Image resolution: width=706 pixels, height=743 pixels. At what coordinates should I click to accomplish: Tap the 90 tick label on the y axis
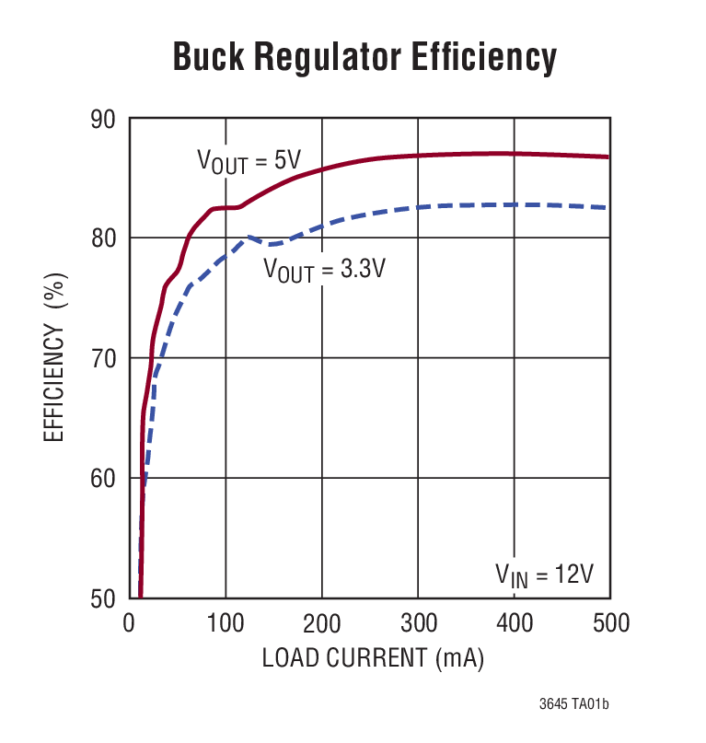click(103, 120)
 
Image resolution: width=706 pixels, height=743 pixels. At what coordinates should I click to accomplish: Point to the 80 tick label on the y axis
click(103, 238)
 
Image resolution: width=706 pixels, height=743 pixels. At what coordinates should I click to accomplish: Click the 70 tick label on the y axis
click(103, 358)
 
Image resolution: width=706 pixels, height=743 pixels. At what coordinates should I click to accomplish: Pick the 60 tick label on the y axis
click(103, 479)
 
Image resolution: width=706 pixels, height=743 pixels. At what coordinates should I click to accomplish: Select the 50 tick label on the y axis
click(103, 598)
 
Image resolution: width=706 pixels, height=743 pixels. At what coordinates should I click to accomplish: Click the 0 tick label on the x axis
click(130, 624)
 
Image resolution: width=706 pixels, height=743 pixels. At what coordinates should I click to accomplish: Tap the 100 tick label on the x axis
click(226, 624)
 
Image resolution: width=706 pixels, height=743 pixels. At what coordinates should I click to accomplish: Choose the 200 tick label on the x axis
click(322, 624)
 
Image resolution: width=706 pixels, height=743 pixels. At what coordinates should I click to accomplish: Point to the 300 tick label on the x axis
click(418, 624)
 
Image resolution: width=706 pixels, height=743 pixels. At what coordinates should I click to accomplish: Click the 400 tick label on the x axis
click(514, 624)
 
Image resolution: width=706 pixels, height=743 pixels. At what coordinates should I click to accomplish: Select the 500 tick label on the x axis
click(609, 624)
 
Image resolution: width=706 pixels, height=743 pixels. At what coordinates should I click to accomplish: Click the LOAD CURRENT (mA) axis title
click(372, 659)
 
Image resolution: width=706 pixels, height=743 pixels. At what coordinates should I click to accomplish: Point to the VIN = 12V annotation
click(545, 575)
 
